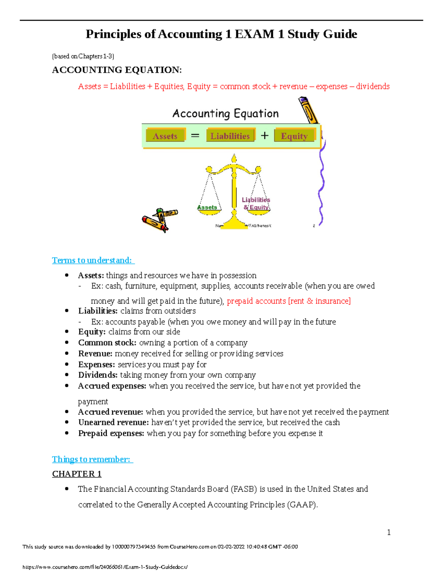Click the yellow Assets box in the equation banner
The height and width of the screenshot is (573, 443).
point(165,136)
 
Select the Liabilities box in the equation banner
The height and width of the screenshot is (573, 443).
point(230,136)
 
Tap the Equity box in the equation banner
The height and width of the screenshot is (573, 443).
point(294,136)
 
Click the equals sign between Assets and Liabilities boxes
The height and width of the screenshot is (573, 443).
point(195,136)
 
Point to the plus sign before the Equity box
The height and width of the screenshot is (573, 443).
point(265,136)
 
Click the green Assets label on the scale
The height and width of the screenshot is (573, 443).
point(207,207)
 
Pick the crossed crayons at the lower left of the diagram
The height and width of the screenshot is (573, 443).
point(159,220)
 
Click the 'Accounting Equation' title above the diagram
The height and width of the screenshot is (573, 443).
point(226,113)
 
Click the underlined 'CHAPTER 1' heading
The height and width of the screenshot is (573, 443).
point(77,474)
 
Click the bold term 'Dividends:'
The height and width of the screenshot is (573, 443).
point(98,375)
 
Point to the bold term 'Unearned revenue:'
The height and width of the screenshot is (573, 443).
point(113,422)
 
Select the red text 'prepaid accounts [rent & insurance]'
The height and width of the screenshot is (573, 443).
point(289,301)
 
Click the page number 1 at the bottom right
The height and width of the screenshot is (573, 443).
point(389,532)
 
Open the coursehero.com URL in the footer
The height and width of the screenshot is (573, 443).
point(105,567)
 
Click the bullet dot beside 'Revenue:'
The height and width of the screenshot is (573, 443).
point(67,353)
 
